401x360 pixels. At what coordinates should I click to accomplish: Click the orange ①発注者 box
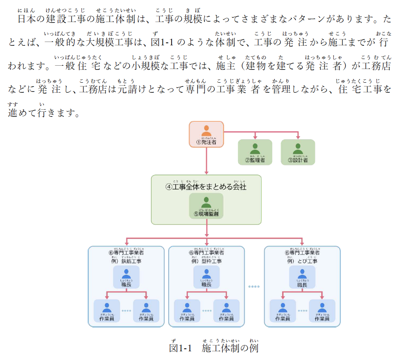pyautogui.click(x=207, y=134)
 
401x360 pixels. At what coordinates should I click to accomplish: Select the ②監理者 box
pyautogui.click(x=255, y=152)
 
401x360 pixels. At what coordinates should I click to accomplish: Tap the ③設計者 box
pyautogui.click(x=298, y=152)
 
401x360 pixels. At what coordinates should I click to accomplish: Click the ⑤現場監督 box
pyautogui.click(x=206, y=207)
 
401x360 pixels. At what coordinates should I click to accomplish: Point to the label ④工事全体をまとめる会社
pyautogui.click(x=206, y=187)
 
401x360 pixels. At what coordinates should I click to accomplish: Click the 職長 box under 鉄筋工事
pyautogui.click(x=126, y=277)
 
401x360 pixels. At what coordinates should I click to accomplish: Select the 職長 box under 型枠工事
pyautogui.click(x=207, y=277)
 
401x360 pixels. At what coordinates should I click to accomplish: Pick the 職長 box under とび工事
pyautogui.click(x=302, y=277)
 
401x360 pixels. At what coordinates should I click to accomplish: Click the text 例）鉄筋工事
pyautogui.click(x=126, y=261)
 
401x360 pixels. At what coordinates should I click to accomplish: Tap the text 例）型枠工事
pyautogui.click(x=207, y=261)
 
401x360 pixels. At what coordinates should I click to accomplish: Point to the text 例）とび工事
pyautogui.click(x=302, y=261)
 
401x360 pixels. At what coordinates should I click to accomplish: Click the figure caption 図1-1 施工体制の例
pyautogui.click(x=214, y=348)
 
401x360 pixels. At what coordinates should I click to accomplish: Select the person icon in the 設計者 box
pyautogui.click(x=298, y=148)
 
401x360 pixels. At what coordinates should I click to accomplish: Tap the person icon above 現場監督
pyautogui.click(x=206, y=202)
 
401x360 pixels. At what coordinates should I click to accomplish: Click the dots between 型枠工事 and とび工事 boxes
pyautogui.click(x=254, y=286)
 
